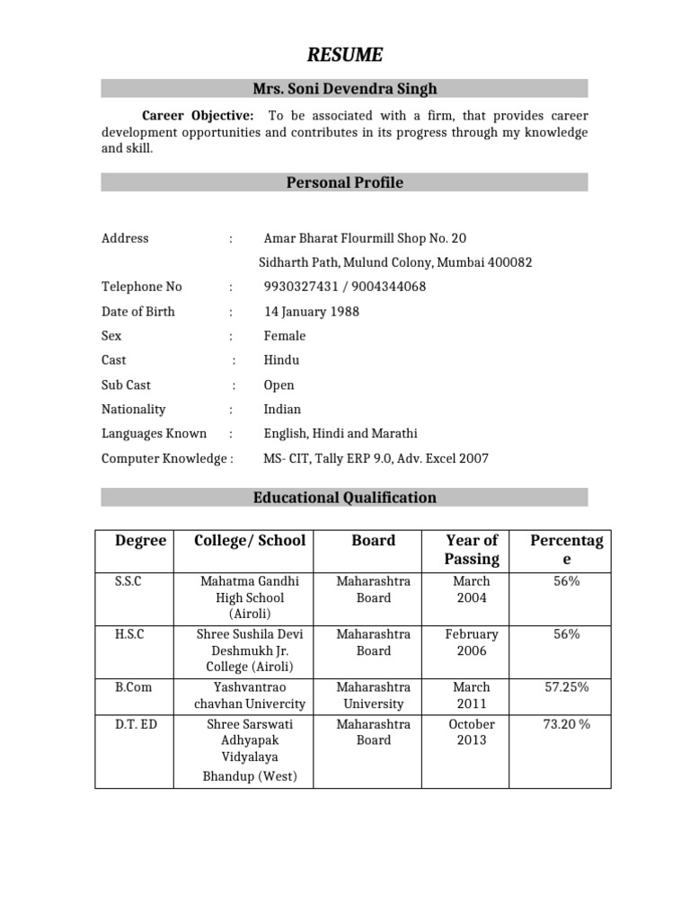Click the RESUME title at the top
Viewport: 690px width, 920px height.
pos(345,56)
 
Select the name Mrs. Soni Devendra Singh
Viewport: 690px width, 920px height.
pos(345,88)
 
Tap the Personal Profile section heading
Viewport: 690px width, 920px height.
pos(345,182)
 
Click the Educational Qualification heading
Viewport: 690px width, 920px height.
pos(345,497)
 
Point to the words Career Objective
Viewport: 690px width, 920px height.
pos(198,116)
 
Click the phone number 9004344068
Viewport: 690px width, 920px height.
pos(388,287)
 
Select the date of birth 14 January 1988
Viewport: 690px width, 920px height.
pos(311,312)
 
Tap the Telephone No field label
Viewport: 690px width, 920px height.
pos(142,287)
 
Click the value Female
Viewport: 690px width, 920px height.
pos(285,336)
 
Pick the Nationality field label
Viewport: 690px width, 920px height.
pos(134,409)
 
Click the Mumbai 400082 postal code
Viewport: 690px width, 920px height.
pos(499,262)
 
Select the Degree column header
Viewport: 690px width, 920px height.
pos(140,540)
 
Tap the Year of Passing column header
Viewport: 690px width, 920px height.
pos(472,549)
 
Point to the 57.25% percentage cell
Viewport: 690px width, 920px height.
pos(566,687)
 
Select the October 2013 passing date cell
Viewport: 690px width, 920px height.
pos(472,731)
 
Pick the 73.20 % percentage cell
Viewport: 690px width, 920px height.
pos(566,723)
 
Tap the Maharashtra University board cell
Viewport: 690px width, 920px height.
pos(374,695)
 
